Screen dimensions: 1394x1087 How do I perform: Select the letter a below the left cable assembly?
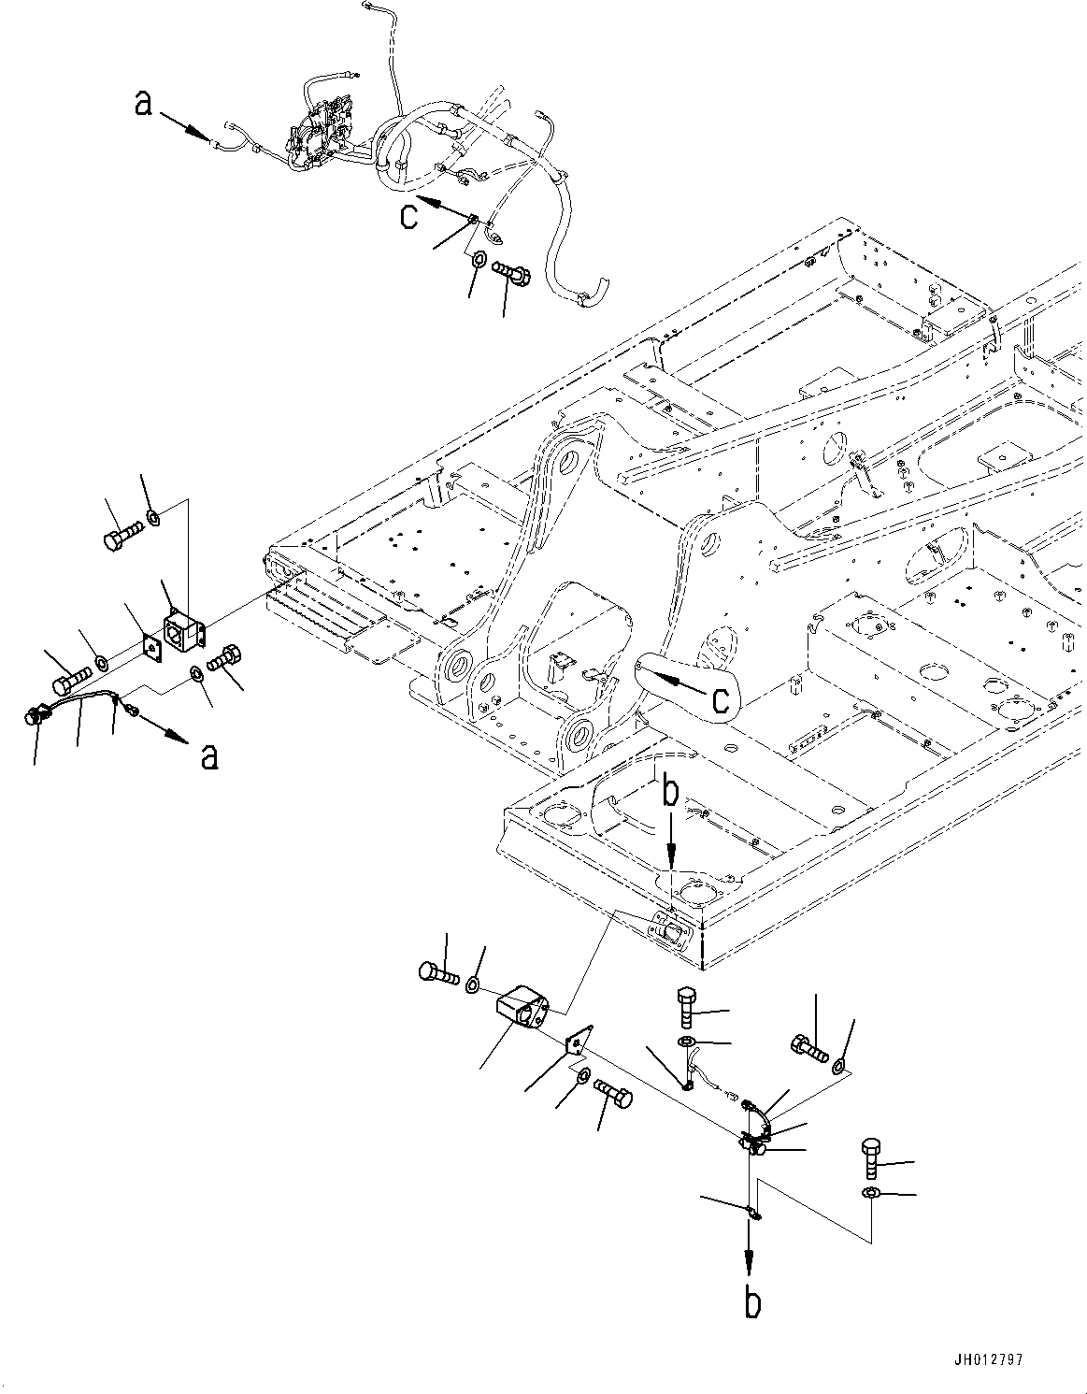pos(209,754)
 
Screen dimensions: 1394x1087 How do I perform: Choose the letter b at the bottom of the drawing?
pos(751,1302)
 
